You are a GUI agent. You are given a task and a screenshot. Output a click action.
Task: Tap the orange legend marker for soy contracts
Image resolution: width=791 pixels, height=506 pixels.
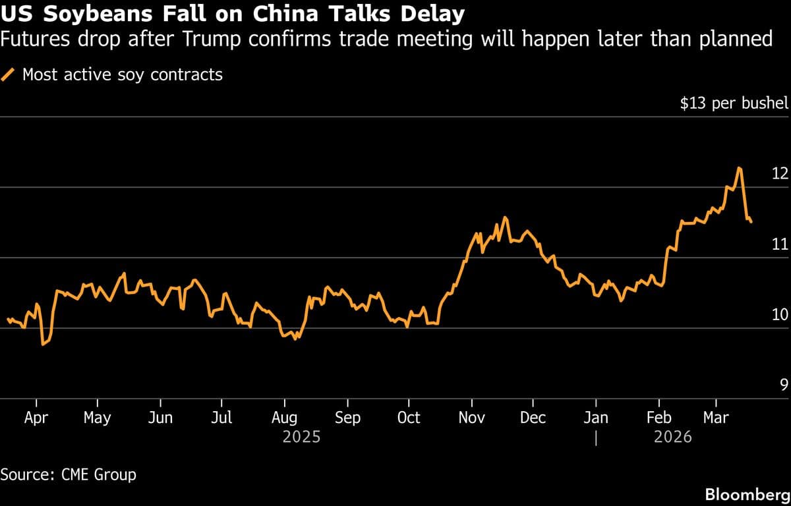click(9, 74)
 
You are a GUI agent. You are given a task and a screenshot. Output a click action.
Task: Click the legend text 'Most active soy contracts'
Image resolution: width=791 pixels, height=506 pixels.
click(123, 74)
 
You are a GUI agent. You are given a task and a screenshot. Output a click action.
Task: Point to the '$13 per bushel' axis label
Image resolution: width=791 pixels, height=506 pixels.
click(734, 103)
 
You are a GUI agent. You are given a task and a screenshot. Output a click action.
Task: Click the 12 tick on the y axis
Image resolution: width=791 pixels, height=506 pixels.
click(780, 174)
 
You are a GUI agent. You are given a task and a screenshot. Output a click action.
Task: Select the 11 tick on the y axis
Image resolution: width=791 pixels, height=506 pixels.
click(780, 244)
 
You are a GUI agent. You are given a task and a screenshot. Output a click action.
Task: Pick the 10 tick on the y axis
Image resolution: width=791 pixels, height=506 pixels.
click(780, 315)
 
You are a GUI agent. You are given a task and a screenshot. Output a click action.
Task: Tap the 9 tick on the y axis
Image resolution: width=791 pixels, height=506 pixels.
click(784, 385)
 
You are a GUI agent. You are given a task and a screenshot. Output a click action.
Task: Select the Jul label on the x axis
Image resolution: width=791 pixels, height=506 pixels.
click(222, 418)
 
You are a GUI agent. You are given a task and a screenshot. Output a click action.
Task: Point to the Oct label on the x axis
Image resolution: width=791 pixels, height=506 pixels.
click(409, 418)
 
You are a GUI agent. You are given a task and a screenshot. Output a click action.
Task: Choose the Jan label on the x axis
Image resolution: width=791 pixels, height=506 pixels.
click(596, 418)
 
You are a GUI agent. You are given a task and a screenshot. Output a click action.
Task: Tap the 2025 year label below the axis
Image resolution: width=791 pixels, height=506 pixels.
click(301, 436)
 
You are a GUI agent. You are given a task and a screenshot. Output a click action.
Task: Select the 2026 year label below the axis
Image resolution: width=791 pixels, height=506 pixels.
click(672, 436)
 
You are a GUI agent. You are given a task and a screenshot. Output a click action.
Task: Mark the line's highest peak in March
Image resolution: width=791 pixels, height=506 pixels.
click(740, 168)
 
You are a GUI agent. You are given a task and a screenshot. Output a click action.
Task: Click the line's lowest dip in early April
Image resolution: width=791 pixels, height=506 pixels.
click(43, 344)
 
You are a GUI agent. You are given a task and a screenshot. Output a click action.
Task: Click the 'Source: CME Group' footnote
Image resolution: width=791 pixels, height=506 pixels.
click(69, 474)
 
